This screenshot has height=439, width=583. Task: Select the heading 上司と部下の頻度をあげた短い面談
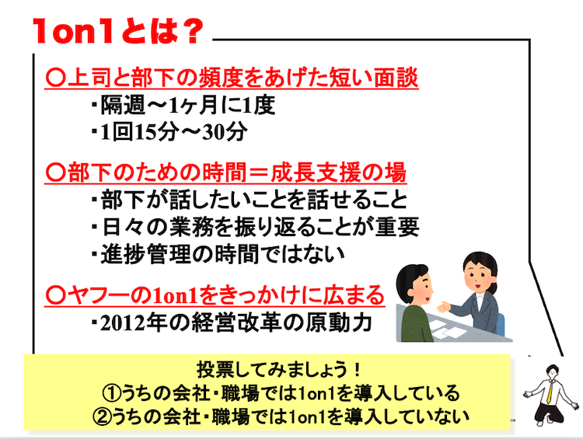[x=232, y=78]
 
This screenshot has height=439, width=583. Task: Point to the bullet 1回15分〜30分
[x=169, y=131]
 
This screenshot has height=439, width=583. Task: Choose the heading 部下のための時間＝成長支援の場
[x=225, y=172]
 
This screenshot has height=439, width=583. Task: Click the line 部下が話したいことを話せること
[x=250, y=200]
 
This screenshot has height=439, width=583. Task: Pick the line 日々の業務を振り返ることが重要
[x=256, y=227]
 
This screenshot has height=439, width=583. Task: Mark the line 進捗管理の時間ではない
[x=218, y=254]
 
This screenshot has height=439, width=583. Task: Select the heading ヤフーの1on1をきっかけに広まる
[x=215, y=295]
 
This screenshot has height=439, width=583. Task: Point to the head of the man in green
[x=414, y=284]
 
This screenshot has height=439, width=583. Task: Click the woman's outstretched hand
[x=443, y=307]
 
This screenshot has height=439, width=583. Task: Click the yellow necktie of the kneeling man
[x=550, y=392]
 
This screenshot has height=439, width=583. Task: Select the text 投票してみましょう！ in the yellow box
[x=279, y=370]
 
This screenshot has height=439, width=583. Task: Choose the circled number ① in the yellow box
[x=111, y=393]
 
